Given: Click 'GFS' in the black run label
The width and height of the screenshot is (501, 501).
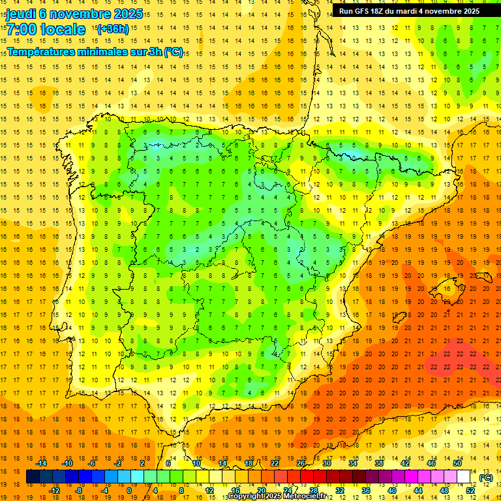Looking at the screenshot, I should point(361,11).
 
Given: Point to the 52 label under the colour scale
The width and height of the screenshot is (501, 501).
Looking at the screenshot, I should point(470,491).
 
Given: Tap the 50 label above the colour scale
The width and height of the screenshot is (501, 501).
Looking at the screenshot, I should point(457,463).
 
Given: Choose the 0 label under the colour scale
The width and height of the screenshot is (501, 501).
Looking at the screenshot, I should point(129,491).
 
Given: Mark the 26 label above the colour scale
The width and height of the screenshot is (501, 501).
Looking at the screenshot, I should point(301,463).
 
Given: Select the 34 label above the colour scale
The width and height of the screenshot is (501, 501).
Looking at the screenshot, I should point(353,463).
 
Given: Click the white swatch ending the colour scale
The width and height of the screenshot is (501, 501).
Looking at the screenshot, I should point(464,477).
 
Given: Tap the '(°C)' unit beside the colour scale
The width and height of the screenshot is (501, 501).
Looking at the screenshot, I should point(486,478).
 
